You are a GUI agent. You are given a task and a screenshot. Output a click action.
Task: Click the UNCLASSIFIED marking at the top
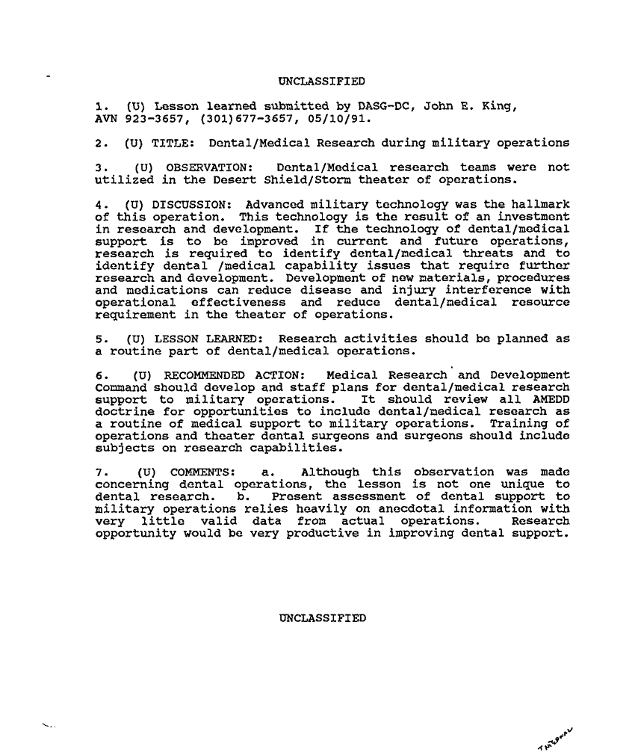tap(321, 81)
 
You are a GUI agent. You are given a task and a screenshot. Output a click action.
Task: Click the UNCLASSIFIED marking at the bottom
tap(322, 618)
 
